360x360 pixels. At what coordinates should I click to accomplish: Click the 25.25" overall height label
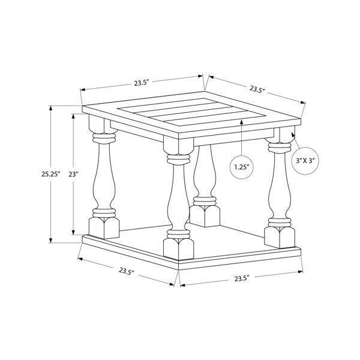[51, 174]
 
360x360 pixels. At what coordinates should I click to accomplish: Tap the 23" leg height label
[73, 175]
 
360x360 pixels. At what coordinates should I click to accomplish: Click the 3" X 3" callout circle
[305, 161]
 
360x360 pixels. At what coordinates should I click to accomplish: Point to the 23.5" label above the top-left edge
[142, 83]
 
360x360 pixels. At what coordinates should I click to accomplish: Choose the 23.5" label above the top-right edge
[257, 89]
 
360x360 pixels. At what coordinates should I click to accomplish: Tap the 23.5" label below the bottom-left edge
[127, 271]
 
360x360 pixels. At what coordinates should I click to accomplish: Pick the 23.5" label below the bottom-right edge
[242, 279]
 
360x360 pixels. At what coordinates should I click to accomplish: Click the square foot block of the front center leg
[178, 249]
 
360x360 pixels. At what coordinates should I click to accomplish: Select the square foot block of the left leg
[104, 228]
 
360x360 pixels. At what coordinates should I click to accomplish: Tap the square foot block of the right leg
[280, 237]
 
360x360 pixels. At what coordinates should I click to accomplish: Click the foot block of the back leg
[205, 216]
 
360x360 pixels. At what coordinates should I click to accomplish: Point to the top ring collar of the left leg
[104, 139]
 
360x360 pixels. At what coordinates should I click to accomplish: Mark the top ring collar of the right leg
[280, 147]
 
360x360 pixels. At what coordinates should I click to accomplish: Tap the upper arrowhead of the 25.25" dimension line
[51, 108]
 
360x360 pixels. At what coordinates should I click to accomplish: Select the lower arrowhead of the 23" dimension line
[73, 232]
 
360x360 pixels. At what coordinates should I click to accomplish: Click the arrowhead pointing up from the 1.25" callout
[242, 122]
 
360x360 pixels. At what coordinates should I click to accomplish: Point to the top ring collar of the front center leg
[178, 160]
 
